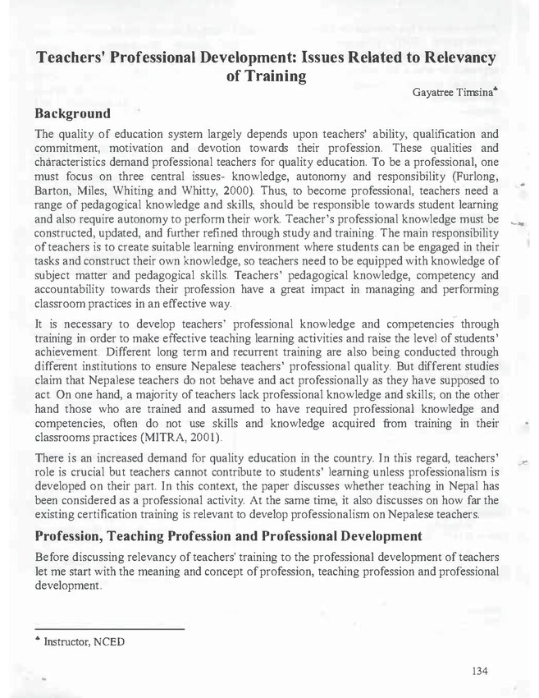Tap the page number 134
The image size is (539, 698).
(x=481, y=671)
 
